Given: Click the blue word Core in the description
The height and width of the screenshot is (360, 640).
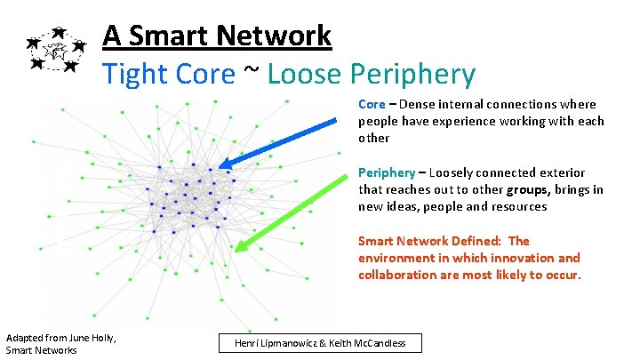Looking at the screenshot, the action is click(x=372, y=104).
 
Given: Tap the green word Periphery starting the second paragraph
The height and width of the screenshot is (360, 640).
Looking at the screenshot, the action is click(x=386, y=172).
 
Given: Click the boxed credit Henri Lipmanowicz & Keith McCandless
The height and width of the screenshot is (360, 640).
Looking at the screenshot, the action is click(x=321, y=343).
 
